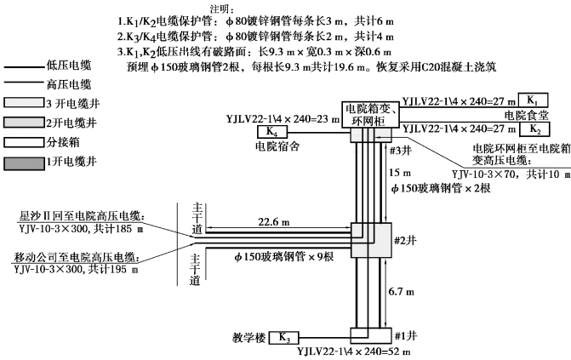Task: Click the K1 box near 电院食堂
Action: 532,100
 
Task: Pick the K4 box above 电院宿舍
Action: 271,132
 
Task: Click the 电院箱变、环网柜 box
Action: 371,114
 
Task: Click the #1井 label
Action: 403,334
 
